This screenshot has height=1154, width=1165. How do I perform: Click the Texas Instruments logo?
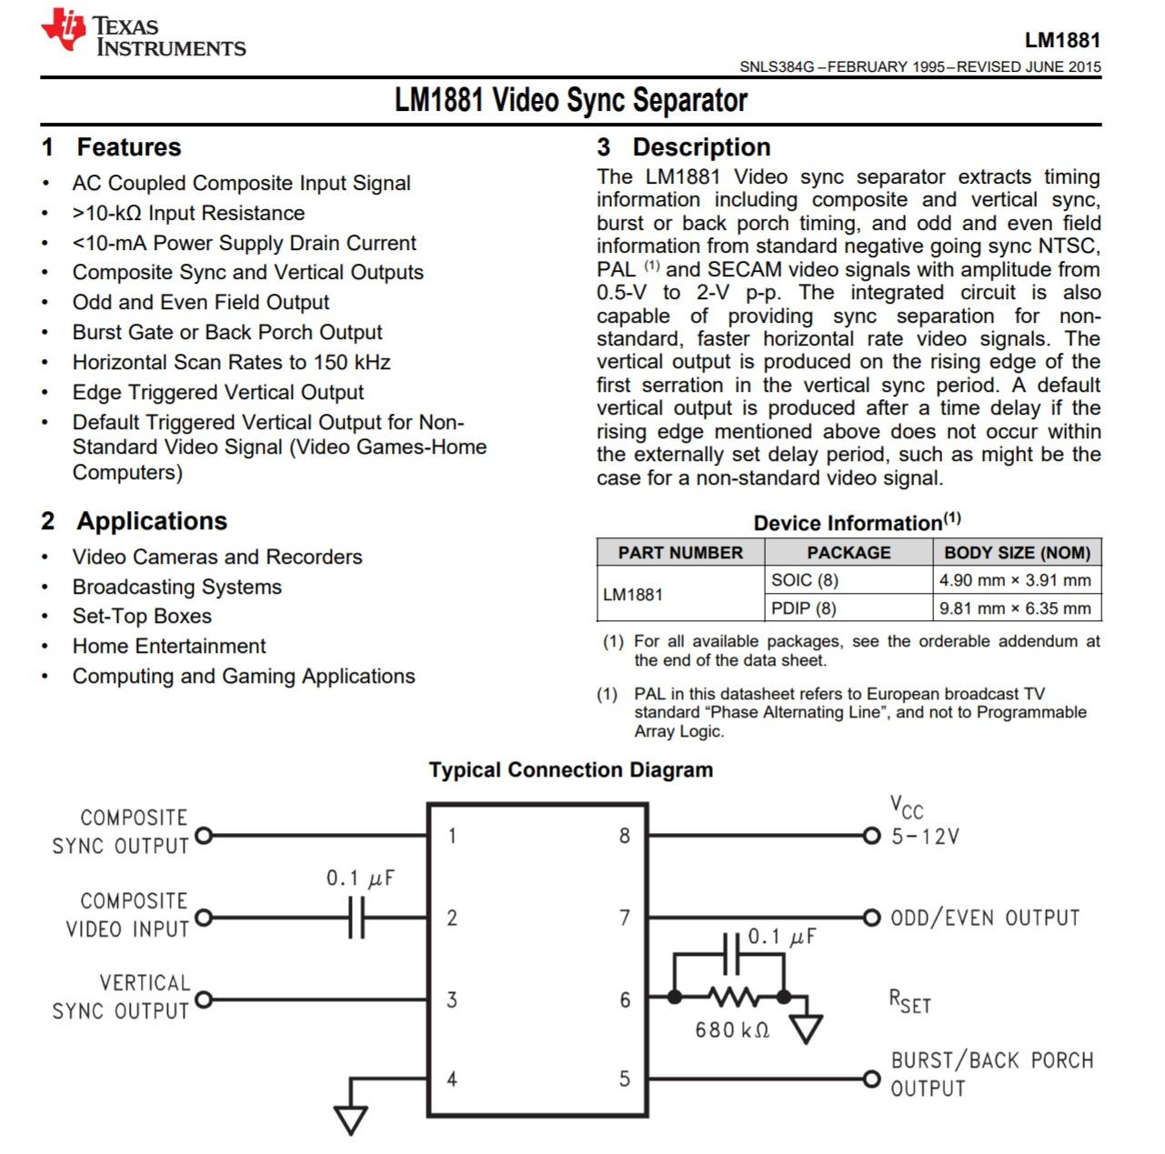click(143, 35)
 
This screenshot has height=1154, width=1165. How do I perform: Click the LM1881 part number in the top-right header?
click(1062, 40)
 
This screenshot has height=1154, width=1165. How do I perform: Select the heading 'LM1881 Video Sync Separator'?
click(570, 100)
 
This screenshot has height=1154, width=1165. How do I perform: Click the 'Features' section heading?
click(128, 147)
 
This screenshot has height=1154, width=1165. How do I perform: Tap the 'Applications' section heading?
click(151, 521)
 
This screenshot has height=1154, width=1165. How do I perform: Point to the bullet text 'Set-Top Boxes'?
click(142, 617)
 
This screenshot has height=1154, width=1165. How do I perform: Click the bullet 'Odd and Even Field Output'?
click(200, 302)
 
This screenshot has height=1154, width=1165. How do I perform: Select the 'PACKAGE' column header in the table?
click(848, 552)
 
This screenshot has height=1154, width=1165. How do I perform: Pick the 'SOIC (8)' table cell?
click(804, 580)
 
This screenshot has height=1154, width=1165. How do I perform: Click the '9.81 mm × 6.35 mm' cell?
click(1014, 608)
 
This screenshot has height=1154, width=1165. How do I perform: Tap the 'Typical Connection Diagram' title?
click(570, 770)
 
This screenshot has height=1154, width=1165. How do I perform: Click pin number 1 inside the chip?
click(452, 836)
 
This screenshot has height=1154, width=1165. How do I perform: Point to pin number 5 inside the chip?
click(624, 1079)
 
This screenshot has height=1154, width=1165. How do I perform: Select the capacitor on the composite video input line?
click(357, 918)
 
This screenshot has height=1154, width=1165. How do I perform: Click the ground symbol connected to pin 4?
click(350, 1118)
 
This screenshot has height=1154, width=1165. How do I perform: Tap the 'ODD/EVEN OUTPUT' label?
click(985, 918)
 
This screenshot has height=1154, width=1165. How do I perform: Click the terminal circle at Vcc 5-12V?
click(871, 836)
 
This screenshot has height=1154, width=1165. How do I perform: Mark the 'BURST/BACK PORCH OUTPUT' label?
click(991, 1074)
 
